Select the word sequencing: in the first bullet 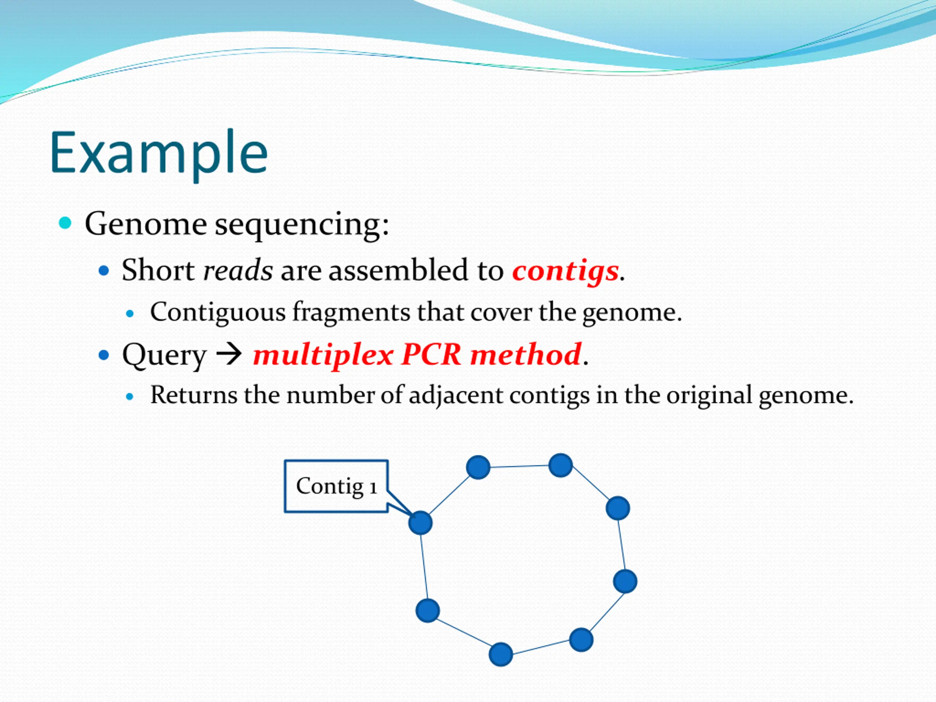(x=302, y=226)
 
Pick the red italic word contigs (x=565, y=272)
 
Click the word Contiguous (x=218, y=313)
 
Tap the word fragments (x=351, y=313)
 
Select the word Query (x=164, y=356)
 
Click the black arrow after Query (x=229, y=355)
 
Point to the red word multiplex (x=323, y=355)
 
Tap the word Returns (x=194, y=395)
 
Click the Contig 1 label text (x=336, y=486)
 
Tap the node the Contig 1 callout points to (x=420, y=522)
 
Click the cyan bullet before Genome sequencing (x=65, y=223)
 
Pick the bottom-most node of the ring (x=501, y=654)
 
